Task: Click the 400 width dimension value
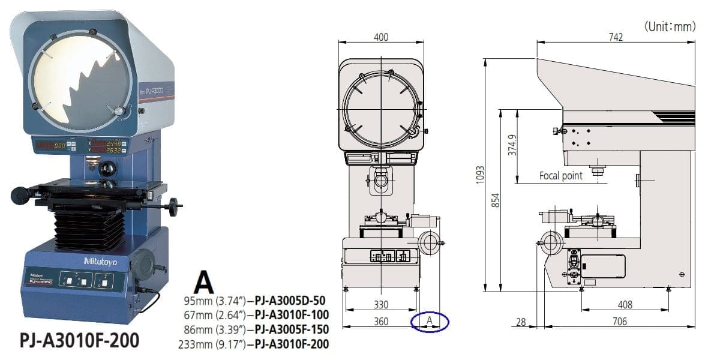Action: point(380,37)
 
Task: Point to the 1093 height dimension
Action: point(480,175)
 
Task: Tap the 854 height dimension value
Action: point(496,200)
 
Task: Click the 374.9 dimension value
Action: point(512,144)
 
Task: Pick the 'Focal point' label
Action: point(560,176)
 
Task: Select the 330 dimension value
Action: point(380,305)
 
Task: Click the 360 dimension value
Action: point(380,322)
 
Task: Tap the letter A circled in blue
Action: point(430,322)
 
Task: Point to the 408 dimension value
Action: point(625,305)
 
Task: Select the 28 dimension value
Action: point(520,322)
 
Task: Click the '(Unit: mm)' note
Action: point(670,26)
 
